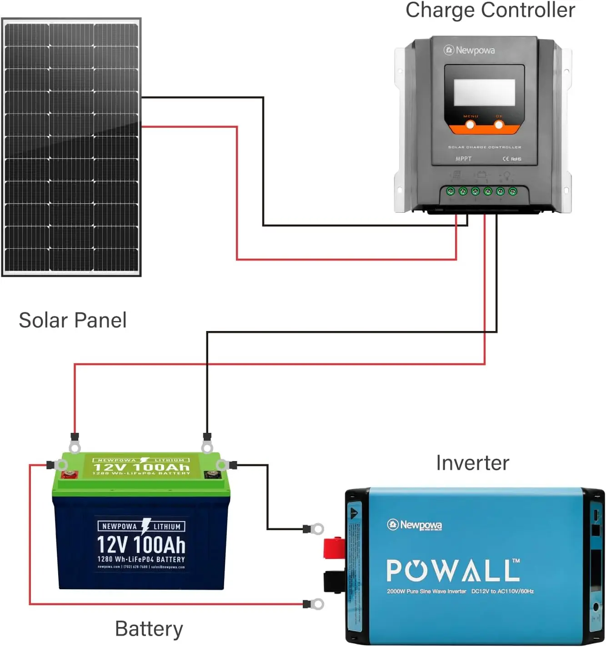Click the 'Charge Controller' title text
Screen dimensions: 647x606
point(490,10)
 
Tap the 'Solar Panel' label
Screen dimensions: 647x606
point(73,320)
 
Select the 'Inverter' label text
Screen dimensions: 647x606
point(472,463)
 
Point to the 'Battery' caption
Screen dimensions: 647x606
point(149,629)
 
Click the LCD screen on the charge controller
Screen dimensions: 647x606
point(484,92)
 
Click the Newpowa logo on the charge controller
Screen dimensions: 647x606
point(469,50)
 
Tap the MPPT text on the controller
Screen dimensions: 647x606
point(463,159)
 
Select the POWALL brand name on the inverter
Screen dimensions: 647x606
point(453,571)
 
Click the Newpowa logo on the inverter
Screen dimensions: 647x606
point(415,525)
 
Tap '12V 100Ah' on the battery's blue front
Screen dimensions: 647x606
point(141,544)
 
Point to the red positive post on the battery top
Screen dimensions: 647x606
point(70,475)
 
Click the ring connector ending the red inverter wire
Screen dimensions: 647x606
point(317,604)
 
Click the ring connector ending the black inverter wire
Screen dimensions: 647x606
point(317,529)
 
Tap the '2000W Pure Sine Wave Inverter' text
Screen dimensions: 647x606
point(426,592)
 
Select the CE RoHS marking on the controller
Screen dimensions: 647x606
point(512,159)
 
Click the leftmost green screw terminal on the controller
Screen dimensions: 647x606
point(451,191)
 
